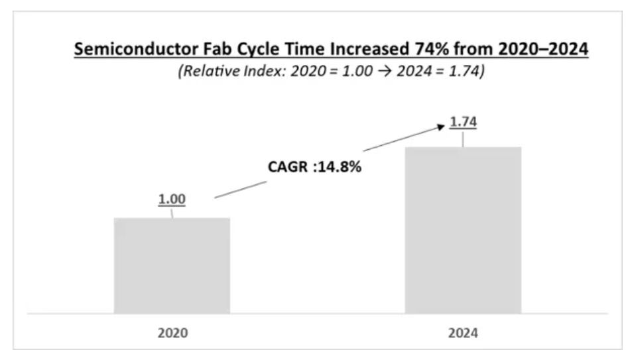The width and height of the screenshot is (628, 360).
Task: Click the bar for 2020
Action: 172,265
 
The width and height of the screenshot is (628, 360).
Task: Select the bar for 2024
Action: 463,230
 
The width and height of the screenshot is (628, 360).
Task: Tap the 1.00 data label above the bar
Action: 172,199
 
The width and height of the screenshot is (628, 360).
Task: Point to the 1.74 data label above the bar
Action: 464,122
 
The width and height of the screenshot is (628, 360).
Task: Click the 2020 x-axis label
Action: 172,333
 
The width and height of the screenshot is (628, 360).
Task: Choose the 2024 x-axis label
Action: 463,333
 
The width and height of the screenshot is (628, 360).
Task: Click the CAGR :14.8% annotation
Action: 314,166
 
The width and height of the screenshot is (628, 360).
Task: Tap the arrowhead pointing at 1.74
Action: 440,127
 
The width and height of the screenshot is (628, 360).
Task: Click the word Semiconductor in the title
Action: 136,49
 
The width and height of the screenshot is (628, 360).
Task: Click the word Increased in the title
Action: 369,49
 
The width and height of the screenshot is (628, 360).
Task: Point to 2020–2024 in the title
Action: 543,49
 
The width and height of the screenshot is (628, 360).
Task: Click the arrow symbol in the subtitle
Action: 385,72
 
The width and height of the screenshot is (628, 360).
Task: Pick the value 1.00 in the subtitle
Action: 357,71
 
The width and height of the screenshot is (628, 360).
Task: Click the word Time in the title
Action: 305,49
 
